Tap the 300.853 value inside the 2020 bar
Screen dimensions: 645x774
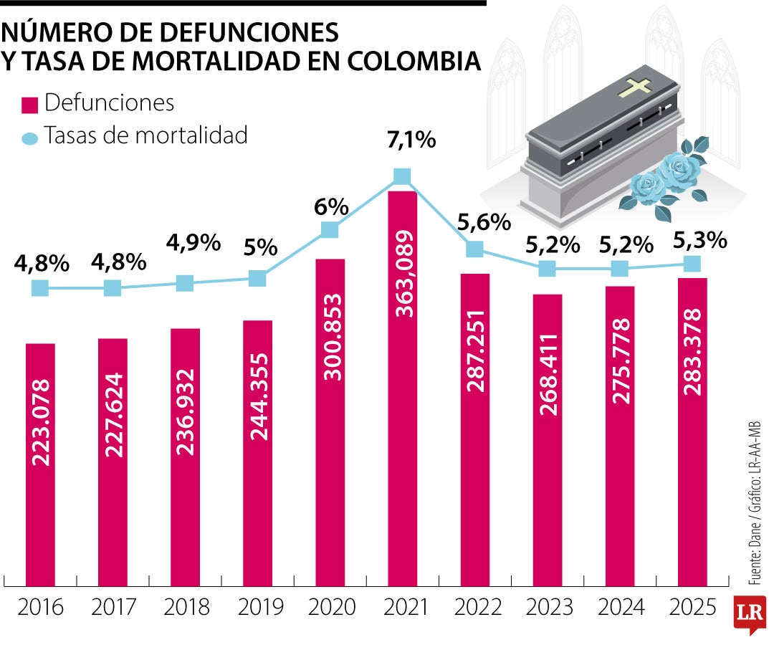(x=330, y=336)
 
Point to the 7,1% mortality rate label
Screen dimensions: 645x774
(x=411, y=140)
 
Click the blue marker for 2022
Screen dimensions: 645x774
(x=474, y=249)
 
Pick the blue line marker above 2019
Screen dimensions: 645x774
(x=257, y=278)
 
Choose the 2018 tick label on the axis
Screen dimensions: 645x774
(x=186, y=608)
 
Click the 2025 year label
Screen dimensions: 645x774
(x=692, y=608)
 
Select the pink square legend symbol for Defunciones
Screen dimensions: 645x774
(x=29, y=105)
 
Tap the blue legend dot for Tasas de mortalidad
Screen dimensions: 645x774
(x=29, y=138)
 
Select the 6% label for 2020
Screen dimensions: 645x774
(x=330, y=208)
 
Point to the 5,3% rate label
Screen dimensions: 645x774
(x=699, y=240)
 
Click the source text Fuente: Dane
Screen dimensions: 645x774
(x=754, y=552)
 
